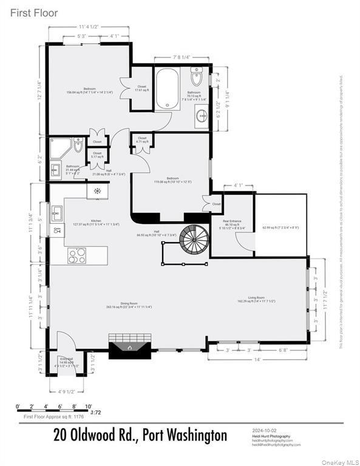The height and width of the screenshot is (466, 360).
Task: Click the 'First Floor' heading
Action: [33, 13]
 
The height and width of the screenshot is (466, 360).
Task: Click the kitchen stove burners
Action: [77, 255]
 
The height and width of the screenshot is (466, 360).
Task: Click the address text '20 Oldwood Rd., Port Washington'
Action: [140, 435]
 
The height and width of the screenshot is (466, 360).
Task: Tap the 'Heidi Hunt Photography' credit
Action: [271, 436]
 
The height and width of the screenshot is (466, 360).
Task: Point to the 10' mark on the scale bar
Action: [88, 407]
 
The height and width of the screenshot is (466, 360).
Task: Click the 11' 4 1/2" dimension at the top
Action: [89, 27]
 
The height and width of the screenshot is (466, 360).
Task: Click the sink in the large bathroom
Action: [200, 116]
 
